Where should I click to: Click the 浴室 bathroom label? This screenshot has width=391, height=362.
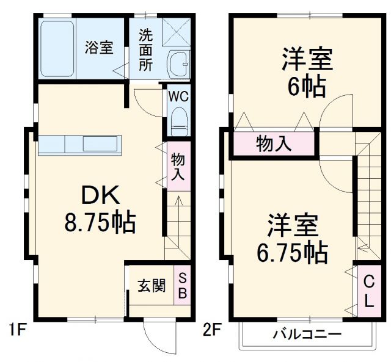click(99, 48)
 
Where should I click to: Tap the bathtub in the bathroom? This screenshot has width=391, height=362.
click(57, 48)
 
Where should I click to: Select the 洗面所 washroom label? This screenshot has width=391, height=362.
click(145, 49)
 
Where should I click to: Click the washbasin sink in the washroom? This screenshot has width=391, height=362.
click(178, 61)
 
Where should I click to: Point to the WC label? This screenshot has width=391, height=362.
click(178, 96)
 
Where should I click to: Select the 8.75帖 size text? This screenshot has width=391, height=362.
click(100, 222)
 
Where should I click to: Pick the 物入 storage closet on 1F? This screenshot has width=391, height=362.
click(178, 166)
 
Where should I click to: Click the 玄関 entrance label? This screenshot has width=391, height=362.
click(151, 286)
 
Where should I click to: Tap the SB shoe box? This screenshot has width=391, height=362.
click(183, 285)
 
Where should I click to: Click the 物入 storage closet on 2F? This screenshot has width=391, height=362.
click(274, 145)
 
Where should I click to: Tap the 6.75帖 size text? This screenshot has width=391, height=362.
click(291, 250)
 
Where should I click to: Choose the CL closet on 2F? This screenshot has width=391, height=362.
click(369, 291)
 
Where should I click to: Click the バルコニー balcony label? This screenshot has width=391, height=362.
click(307, 335)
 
